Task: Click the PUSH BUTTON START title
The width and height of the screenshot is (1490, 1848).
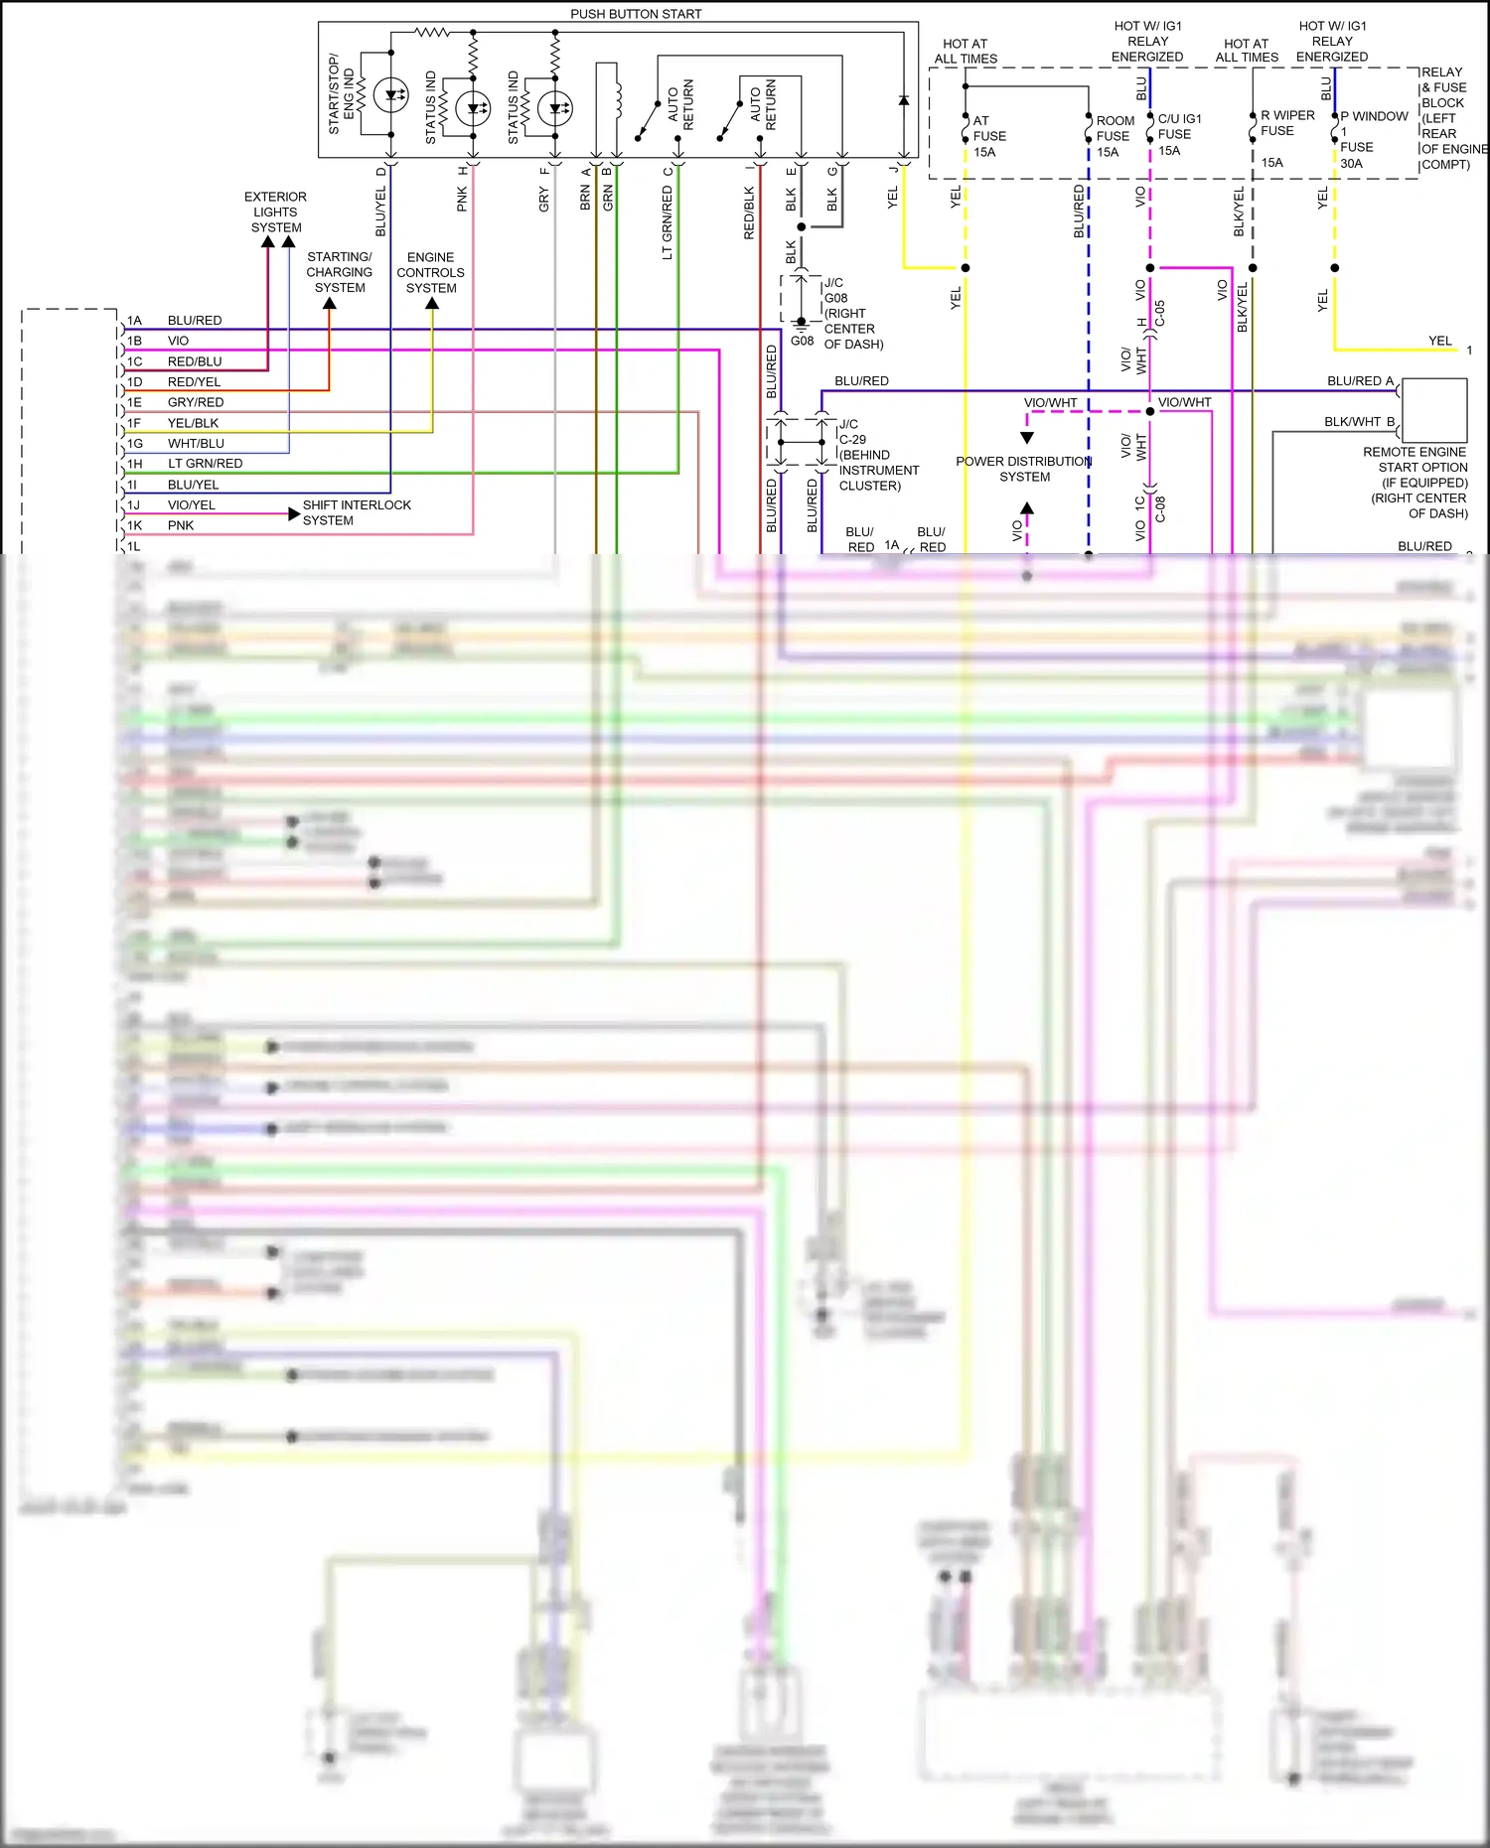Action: click(x=636, y=14)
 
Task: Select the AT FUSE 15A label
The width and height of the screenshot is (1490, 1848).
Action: click(x=988, y=136)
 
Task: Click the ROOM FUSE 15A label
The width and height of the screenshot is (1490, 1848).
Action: click(x=1114, y=136)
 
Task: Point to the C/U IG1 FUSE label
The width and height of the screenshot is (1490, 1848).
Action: click(x=1178, y=134)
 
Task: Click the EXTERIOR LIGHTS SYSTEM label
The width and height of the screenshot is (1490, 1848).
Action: click(x=275, y=212)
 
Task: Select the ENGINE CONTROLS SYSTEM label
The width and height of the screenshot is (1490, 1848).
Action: click(x=430, y=272)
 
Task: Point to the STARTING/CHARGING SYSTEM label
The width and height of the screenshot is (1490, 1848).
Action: click(x=339, y=272)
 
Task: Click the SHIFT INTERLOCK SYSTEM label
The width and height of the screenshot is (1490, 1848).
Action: click(x=356, y=512)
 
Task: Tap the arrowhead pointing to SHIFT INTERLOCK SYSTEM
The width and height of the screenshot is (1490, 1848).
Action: click(x=293, y=513)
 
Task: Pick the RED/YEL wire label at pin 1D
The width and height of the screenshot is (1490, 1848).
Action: click(x=194, y=381)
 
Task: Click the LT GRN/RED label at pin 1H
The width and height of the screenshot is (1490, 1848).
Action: click(x=205, y=464)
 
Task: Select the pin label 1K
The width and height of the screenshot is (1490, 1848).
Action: click(x=134, y=525)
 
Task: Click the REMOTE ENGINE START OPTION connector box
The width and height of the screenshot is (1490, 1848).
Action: click(x=1434, y=410)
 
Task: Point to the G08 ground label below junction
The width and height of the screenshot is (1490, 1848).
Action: click(x=802, y=341)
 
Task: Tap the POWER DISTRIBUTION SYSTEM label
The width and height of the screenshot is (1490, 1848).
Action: click(x=1024, y=469)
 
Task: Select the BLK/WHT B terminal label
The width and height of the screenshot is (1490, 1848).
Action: click(x=1359, y=422)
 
